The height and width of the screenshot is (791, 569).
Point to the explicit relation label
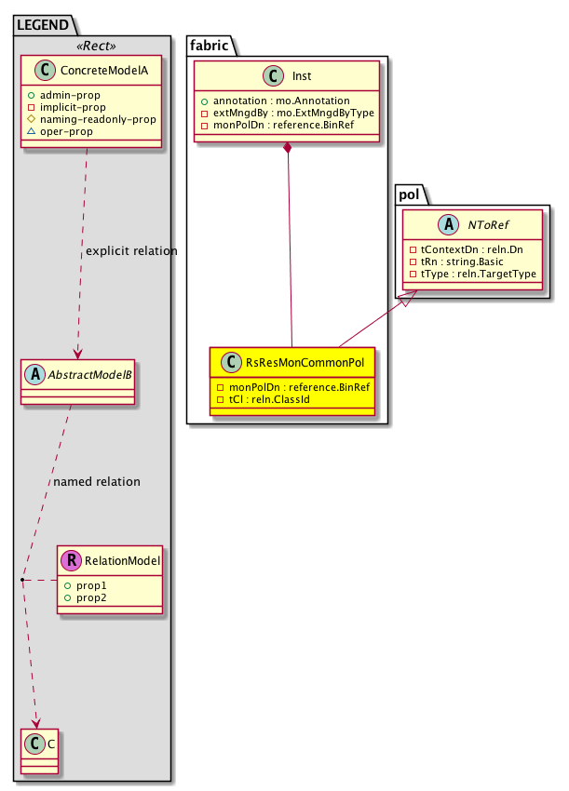click(x=130, y=251)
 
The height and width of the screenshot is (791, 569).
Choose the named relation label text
click(x=97, y=482)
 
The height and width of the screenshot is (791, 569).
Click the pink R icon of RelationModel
click(x=71, y=560)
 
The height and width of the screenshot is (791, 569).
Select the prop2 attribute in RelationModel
click(x=86, y=597)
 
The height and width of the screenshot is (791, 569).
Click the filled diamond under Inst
click(x=290, y=149)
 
